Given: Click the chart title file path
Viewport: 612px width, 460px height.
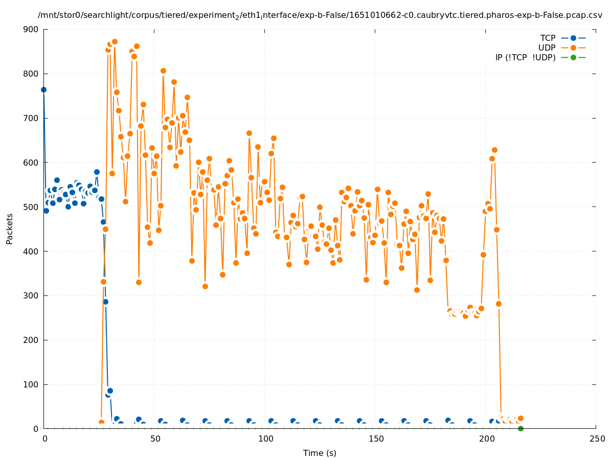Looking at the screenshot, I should coord(320,15).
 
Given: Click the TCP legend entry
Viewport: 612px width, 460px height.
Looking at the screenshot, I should coord(548,38).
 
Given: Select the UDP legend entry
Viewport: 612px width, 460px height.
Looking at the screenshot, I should coord(547,48).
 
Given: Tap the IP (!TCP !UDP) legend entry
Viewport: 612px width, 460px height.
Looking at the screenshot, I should coord(525,57).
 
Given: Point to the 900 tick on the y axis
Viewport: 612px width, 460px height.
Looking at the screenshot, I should coord(31,29).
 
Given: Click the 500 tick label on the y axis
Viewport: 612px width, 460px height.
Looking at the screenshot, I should coord(31,207).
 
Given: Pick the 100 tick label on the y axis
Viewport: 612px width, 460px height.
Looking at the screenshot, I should coord(31,384).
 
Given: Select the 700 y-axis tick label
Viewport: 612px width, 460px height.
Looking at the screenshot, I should coord(31,118).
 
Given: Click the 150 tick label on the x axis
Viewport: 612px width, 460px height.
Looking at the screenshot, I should coord(376,439).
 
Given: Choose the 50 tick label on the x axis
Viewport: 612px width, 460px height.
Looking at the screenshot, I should coord(155,439).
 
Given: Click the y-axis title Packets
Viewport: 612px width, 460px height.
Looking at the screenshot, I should coord(10,229).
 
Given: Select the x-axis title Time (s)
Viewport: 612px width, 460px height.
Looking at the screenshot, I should coord(320,453).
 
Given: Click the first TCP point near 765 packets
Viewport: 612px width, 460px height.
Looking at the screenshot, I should coord(43,89).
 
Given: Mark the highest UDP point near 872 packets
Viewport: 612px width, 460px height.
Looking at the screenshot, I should coord(115,41).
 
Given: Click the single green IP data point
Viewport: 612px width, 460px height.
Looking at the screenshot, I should coord(520,428).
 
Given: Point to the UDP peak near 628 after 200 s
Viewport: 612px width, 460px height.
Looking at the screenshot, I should coord(494,150).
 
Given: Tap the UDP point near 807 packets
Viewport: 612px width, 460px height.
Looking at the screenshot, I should coord(163,71).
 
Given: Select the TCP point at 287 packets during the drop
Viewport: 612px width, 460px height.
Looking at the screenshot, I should coord(105,302).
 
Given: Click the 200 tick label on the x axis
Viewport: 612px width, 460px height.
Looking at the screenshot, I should coord(486,439).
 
